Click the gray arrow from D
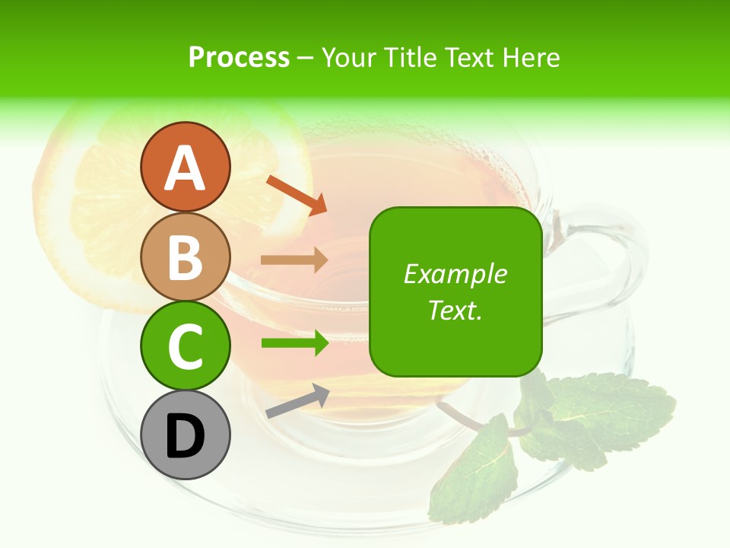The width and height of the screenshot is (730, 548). [x=297, y=401]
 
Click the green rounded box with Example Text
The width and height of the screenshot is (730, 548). [x=455, y=335]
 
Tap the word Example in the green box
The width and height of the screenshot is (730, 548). [x=455, y=274]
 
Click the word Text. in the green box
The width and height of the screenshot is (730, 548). [x=455, y=310]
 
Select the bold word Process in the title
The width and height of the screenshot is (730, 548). [x=239, y=57]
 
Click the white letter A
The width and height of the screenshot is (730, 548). [x=185, y=169]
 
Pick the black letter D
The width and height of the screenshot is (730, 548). [x=185, y=437]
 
